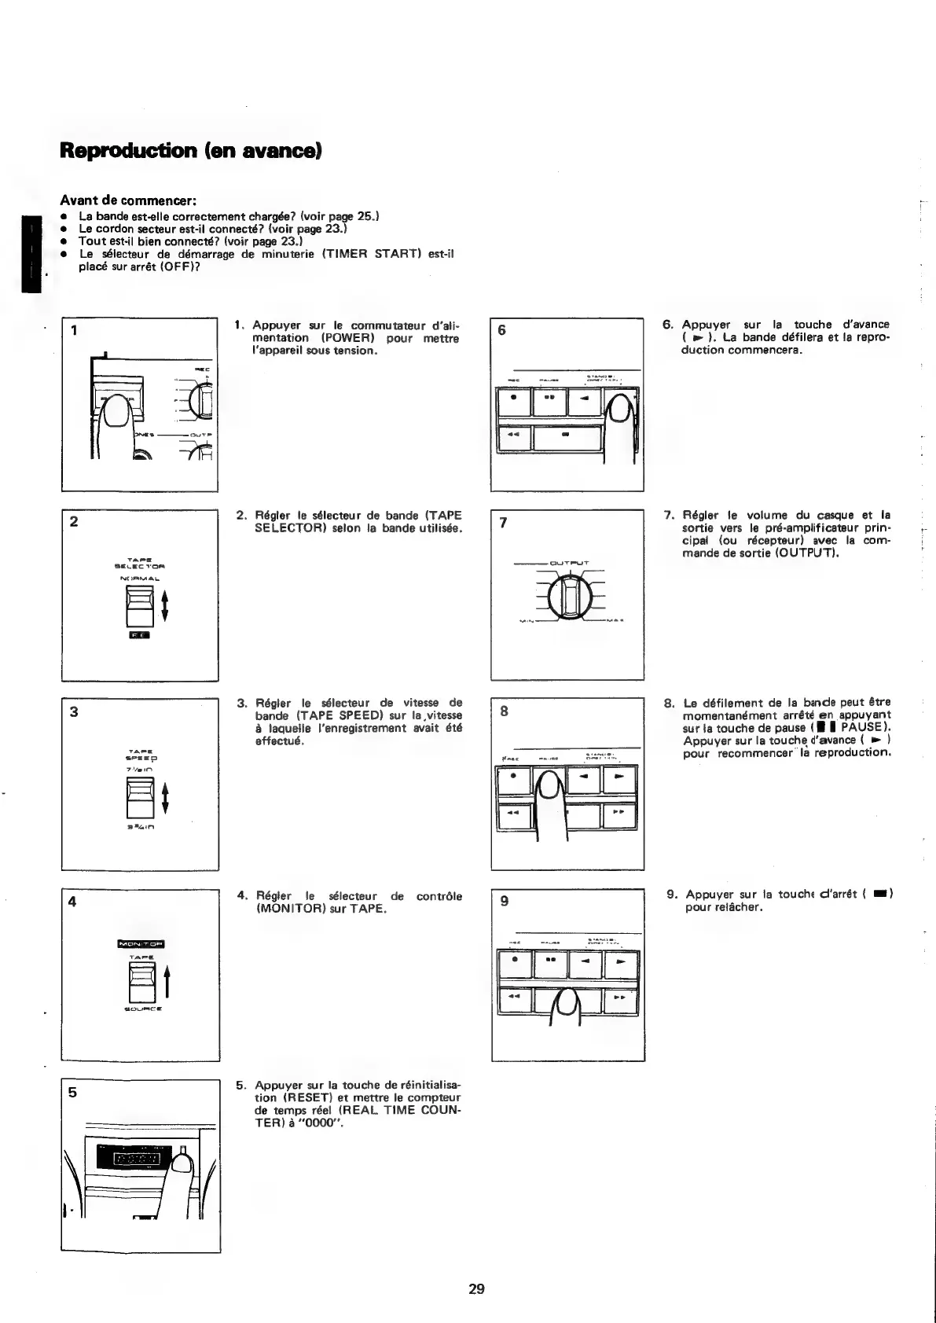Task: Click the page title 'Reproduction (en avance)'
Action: click(191, 150)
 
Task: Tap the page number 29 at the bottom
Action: click(476, 1288)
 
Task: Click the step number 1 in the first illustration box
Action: click(73, 329)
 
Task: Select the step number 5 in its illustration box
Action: click(72, 1092)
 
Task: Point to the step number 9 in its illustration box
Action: click(504, 901)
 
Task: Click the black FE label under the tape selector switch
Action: click(138, 635)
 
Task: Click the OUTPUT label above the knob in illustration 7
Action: click(569, 563)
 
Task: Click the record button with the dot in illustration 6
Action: click(514, 402)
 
